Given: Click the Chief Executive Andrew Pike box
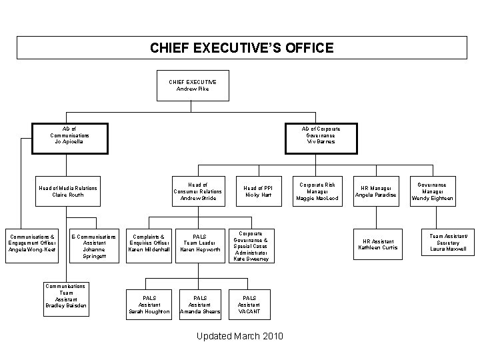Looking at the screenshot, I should tap(192, 85).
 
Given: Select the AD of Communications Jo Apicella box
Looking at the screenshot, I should tap(69, 135).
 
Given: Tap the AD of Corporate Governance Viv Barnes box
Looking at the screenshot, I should tap(319, 135).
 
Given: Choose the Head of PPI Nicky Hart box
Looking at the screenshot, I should tap(258, 192).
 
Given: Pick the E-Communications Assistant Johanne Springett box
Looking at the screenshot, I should tap(93, 246).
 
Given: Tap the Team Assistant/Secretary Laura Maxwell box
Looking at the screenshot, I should tap(447, 245).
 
